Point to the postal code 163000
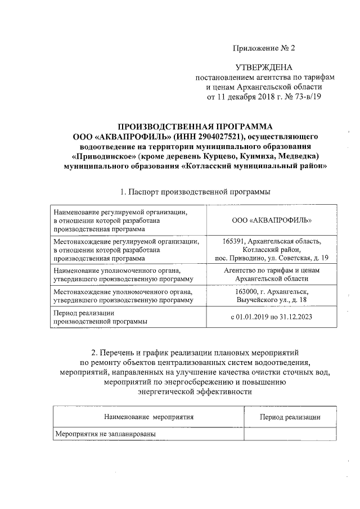point(248,292)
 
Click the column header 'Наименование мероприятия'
point(148,417)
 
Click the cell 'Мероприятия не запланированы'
point(105,434)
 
